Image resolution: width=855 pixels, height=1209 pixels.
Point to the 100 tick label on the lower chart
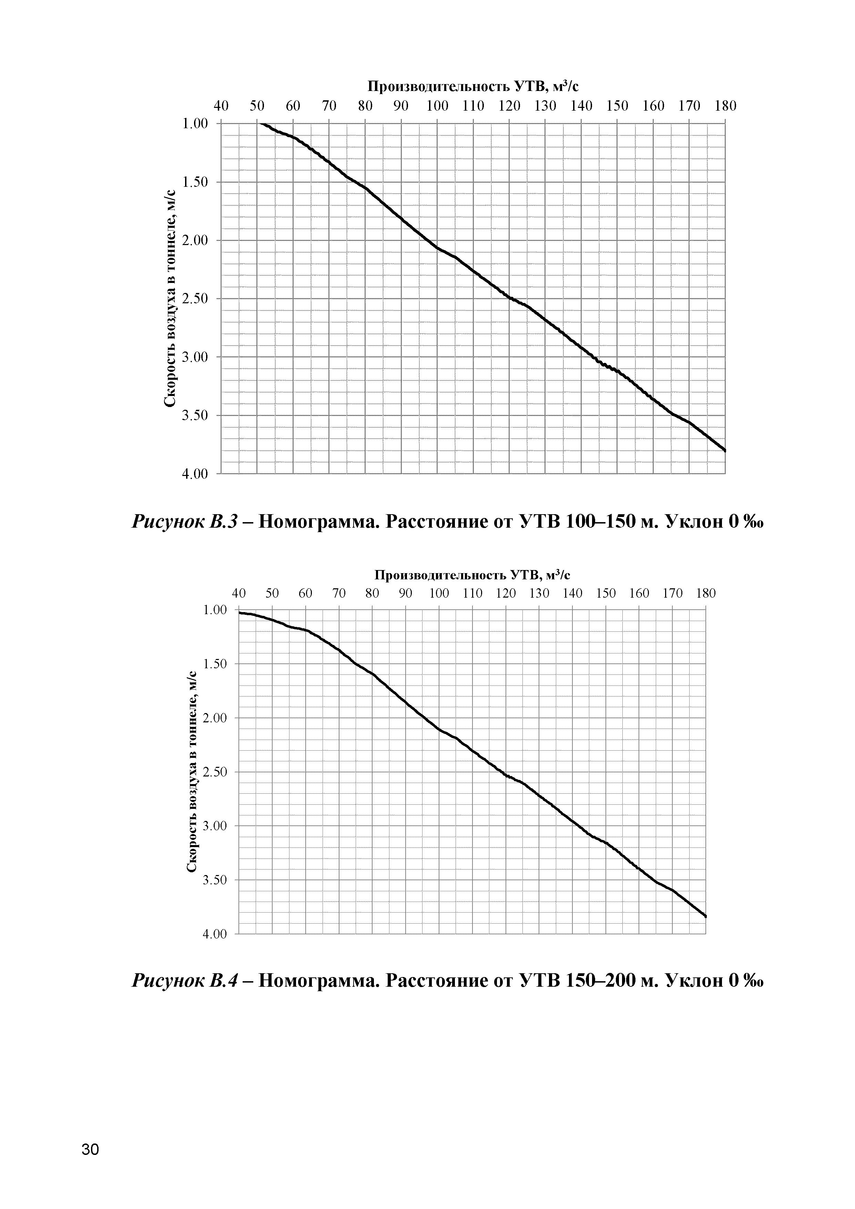point(439,594)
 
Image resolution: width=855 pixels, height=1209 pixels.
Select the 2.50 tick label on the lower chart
point(214,772)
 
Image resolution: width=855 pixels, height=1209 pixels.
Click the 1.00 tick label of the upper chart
point(195,124)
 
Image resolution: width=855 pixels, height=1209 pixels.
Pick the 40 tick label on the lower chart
point(239,594)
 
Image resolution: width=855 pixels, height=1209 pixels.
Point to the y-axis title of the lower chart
point(192,771)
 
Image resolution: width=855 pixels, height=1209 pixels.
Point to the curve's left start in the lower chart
point(240,612)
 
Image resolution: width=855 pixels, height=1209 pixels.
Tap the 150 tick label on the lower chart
point(606,594)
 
